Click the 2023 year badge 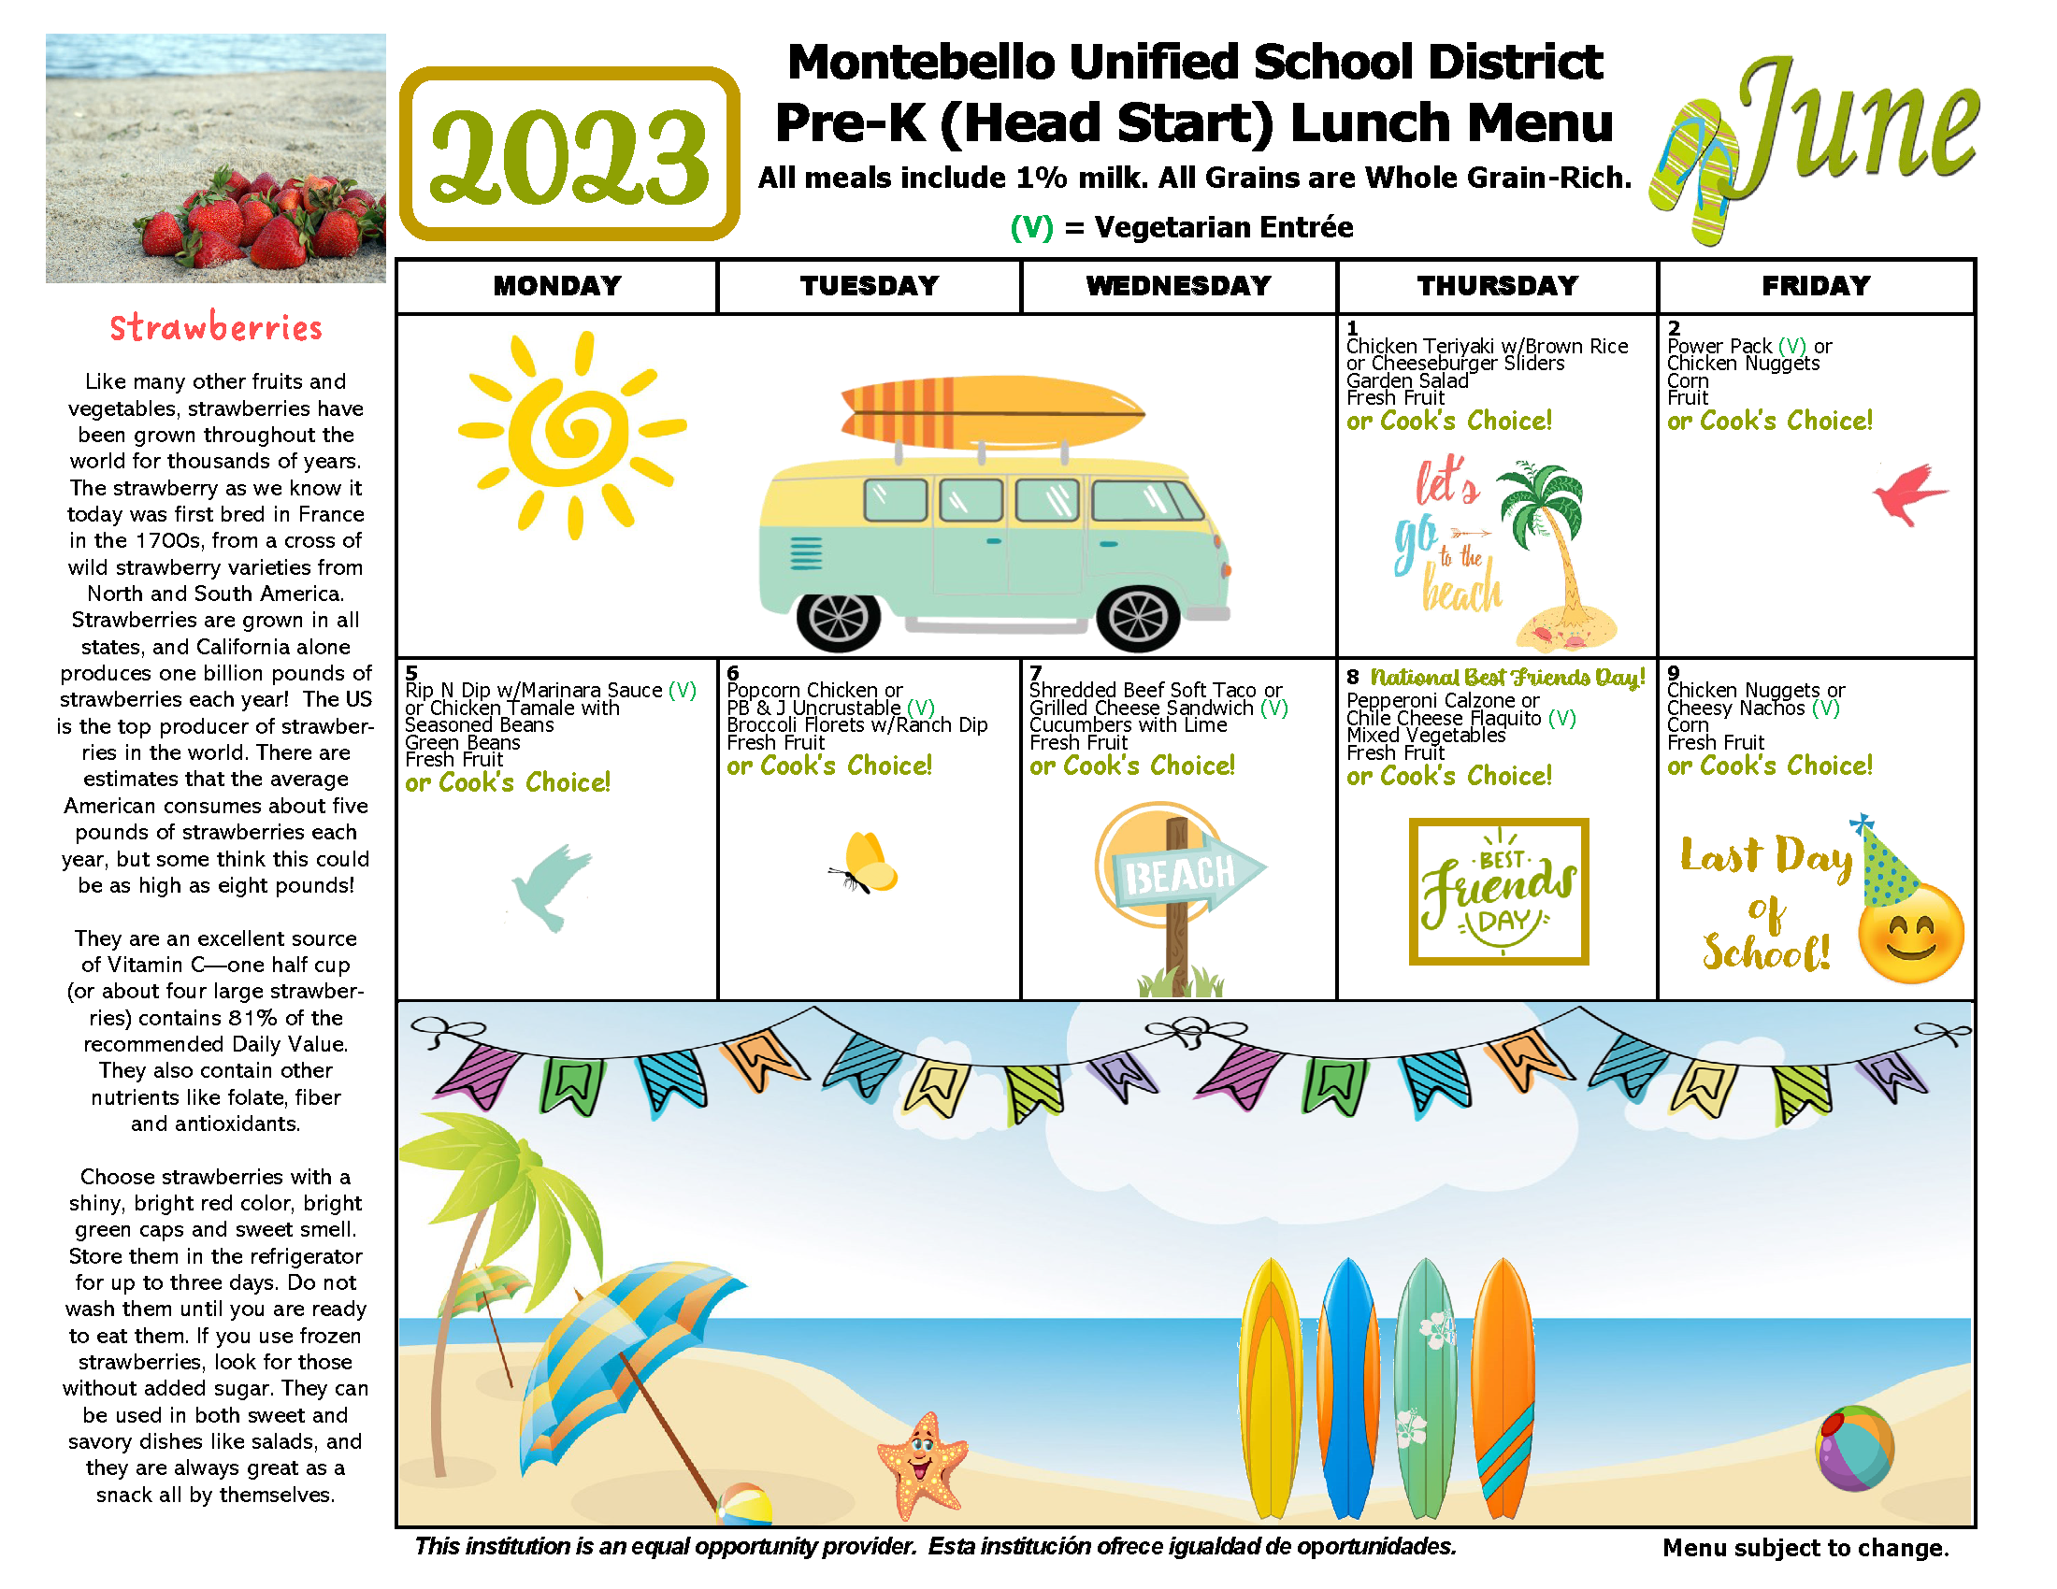[x=568, y=153]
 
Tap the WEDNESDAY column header [x=1177, y=285]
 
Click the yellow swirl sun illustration [x=570, y=434]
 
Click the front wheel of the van [x=1138, y=618]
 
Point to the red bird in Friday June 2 [x=1907, y=494]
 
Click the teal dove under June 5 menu [x=552, y=886]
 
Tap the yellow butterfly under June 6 [x=867, y=864]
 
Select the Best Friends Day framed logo [x=1498, y=891]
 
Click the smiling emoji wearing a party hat [x=1909, y=931]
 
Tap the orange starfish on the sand [x=922, y=1462]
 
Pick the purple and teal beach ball [x=1853, y=1449]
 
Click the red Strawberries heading [x=216, y=327]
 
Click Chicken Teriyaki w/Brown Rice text [x=1487, y=347]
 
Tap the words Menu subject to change [x=1805, y=1548]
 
